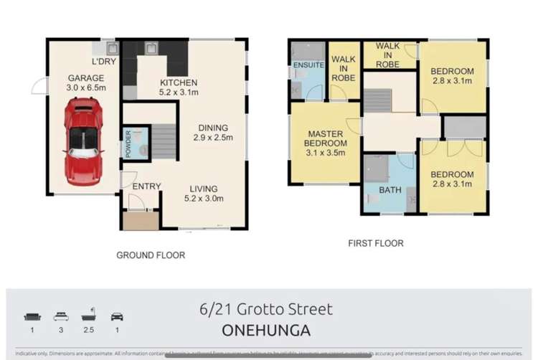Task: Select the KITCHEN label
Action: click(x=178, y=82)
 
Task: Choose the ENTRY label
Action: click(x=146, y=186)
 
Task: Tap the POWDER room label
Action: click(x=128, y=143)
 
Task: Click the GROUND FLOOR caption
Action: click(x=151, y=255)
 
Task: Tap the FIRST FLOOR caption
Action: click(x=376, y=244)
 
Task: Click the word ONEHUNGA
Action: click(x=266, y=331)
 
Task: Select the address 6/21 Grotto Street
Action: click(x=266, y=309)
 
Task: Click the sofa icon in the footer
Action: click(x=32, y=316)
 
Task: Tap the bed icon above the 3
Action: click(x=61, y=316)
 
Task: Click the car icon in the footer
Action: click(x=117, y=316)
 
